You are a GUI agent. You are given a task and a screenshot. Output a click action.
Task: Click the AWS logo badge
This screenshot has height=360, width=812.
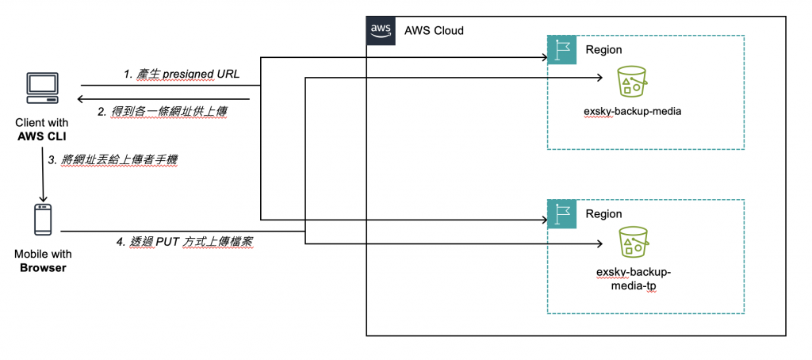point(379,29)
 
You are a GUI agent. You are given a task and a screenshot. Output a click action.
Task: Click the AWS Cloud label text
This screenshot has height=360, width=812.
point(434,30)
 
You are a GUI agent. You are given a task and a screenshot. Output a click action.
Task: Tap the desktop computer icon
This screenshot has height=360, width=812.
point(41,88)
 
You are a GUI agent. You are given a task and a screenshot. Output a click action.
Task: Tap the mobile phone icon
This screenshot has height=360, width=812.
point(42,220)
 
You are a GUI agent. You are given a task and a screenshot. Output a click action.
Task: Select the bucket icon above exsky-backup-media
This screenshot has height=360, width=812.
point(633,82)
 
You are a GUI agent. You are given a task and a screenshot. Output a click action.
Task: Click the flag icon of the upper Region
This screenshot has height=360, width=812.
point(561,49)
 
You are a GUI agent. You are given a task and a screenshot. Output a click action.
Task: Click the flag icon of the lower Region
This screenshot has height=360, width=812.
point(561,213)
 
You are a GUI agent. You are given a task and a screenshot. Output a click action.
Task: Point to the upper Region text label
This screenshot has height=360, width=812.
point(603,50)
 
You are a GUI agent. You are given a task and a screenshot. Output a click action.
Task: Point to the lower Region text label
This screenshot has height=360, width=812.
point(603,214)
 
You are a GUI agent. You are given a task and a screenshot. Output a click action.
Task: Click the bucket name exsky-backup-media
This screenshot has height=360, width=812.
point(632,111)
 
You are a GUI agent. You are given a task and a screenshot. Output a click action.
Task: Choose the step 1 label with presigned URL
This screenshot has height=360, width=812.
point(181,74)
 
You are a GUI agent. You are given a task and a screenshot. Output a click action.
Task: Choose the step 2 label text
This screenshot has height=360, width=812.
point(163,112)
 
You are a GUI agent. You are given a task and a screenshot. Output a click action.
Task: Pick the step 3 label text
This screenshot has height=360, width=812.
point(113,159)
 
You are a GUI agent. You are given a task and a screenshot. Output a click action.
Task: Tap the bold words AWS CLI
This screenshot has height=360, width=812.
point(41,136)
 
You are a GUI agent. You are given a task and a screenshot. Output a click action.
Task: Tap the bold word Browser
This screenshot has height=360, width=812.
point(41,268)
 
